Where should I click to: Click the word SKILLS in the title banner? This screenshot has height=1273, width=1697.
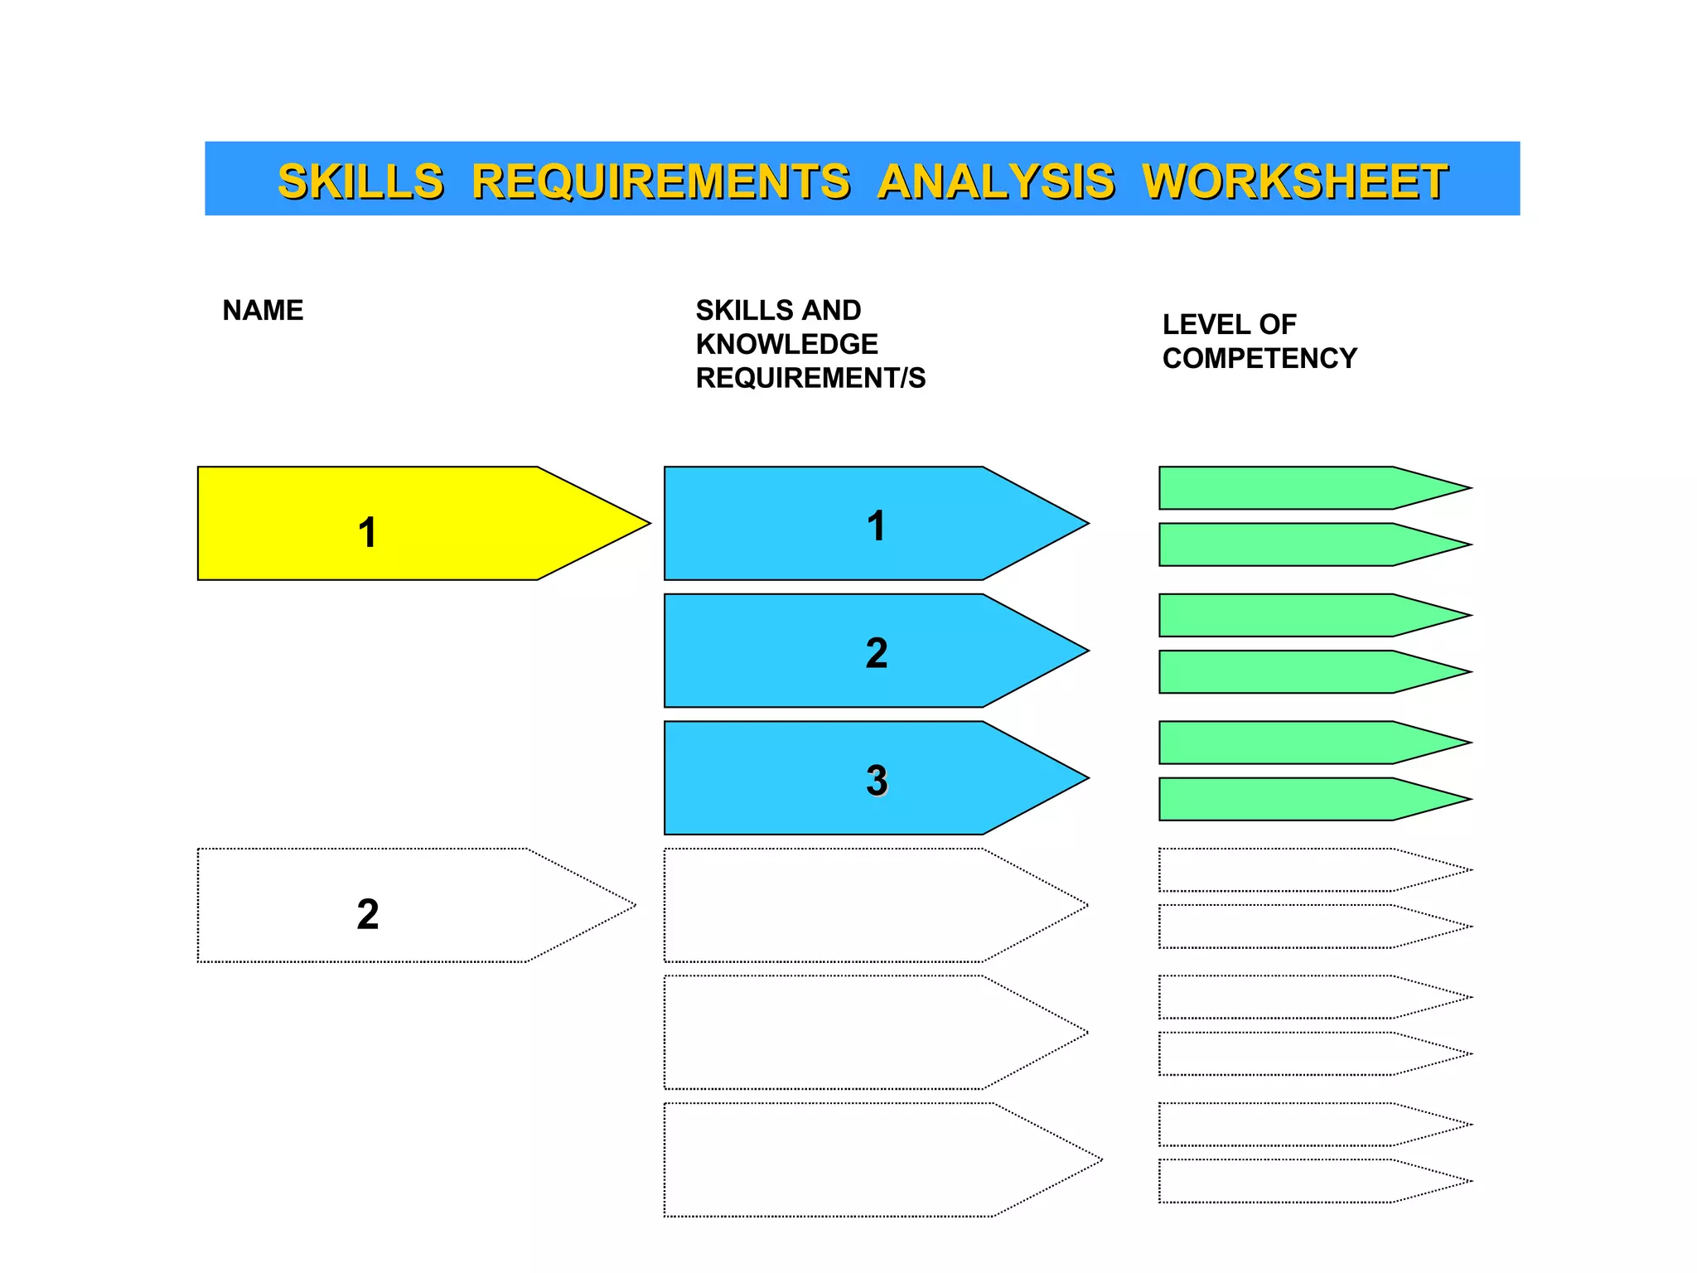360,182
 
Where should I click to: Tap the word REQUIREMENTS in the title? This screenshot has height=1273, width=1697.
660,182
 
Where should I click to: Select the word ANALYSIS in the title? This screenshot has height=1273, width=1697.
996,182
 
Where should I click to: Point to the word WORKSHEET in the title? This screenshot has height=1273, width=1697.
1294,182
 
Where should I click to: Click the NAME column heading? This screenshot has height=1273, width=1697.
263,311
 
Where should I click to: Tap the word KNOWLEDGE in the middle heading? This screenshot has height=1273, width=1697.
786,344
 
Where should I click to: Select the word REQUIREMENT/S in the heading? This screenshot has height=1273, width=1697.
810,378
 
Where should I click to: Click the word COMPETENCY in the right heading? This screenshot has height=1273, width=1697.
1259,358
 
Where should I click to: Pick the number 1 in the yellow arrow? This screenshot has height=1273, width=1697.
367,532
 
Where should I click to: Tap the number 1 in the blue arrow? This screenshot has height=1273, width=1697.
876,526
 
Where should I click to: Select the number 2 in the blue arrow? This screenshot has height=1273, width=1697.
876,653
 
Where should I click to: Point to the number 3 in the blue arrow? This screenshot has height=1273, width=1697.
877,780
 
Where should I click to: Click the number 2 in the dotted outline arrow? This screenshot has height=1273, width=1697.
367,914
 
